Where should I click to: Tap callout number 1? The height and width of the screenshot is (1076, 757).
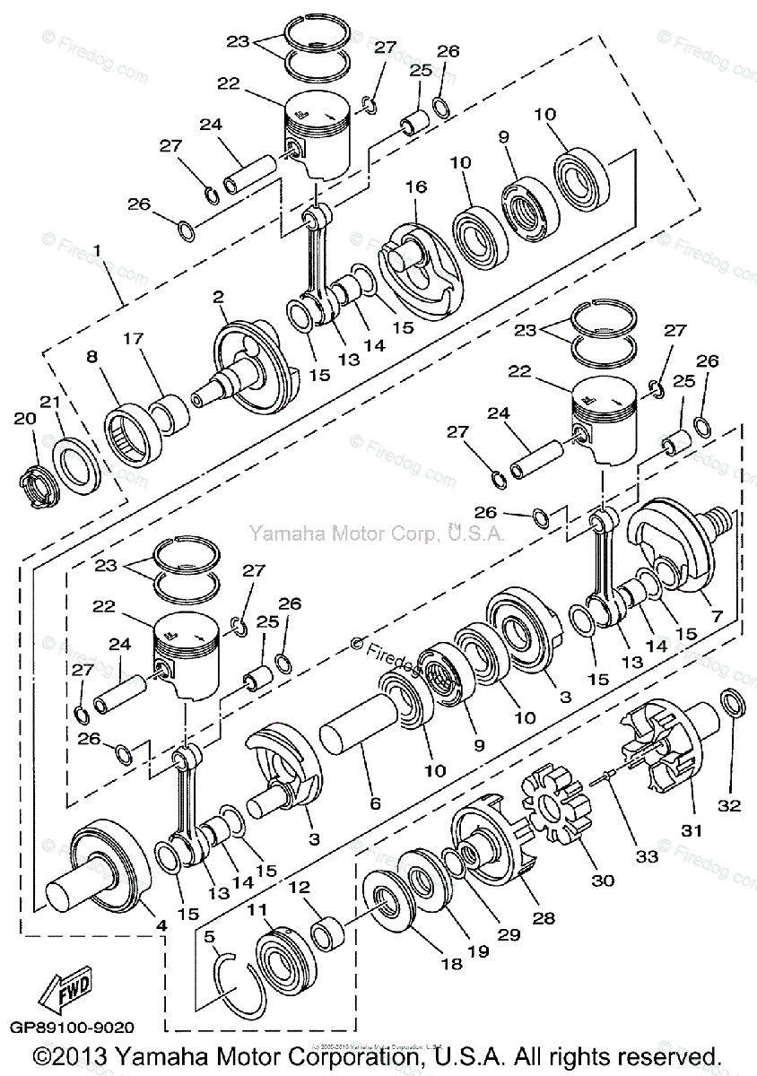[x=97, y=247]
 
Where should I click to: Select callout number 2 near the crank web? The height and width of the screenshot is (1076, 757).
[x=218, y=297]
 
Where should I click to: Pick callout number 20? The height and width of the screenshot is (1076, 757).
[x=24, y=418]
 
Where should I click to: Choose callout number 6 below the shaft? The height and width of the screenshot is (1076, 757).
[x=375, y=803]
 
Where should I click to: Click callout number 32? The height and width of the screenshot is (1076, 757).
[x=729, y=804]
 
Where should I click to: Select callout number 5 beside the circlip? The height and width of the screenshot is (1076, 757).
[x=209, y=938]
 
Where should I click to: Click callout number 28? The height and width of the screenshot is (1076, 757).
[x=544, y=917]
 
